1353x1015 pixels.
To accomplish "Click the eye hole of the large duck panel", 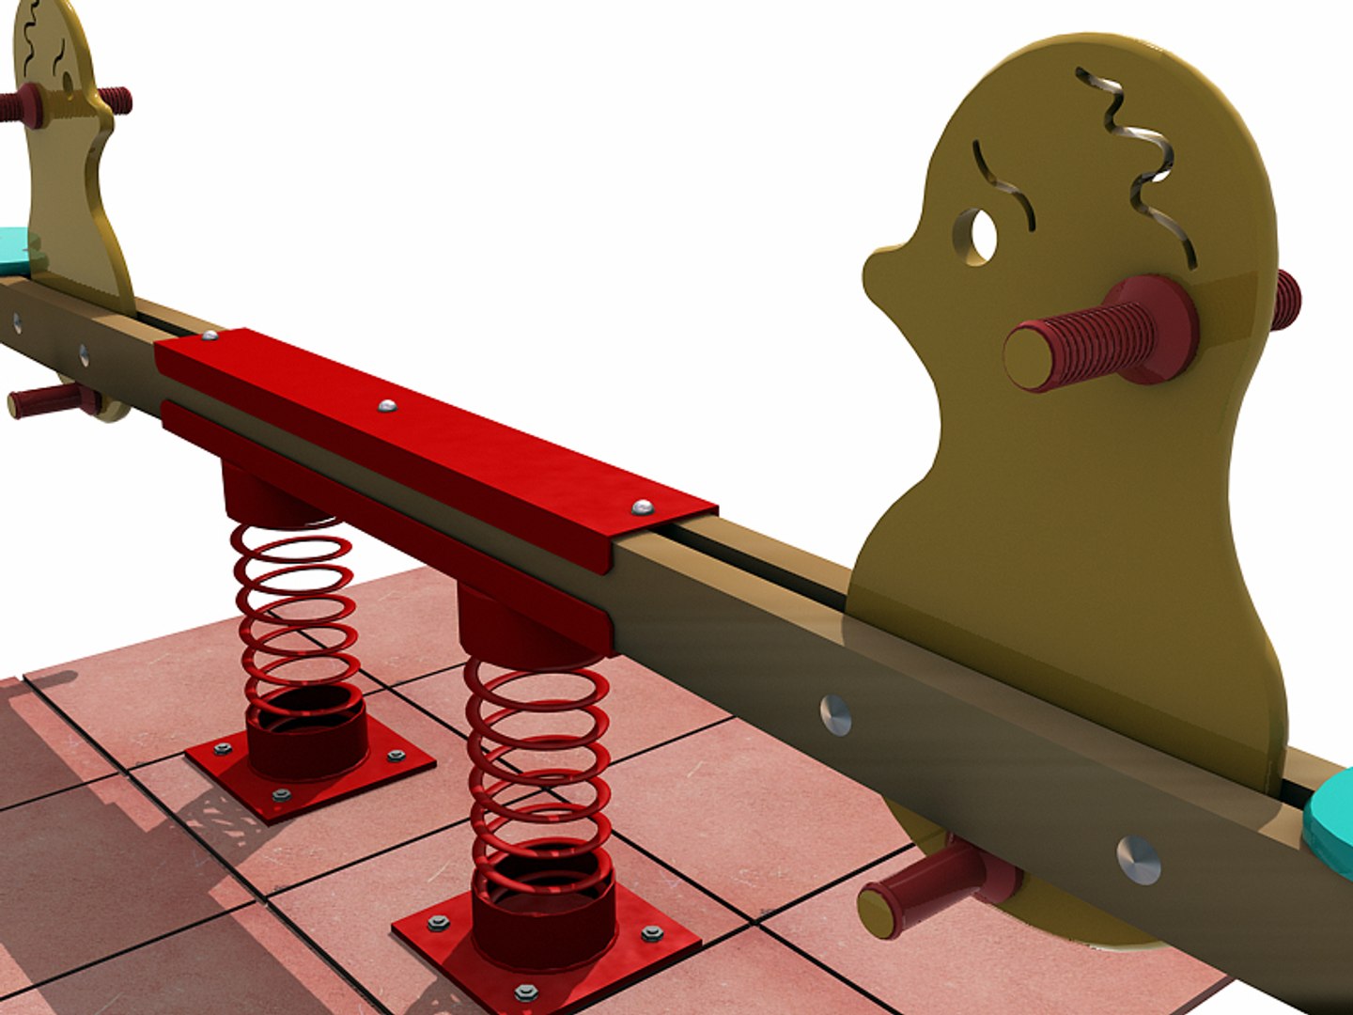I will click(x=980, y=235).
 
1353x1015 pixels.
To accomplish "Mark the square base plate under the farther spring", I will click(x=310, y=771).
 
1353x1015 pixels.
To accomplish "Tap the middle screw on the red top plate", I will click(x=386, y=407).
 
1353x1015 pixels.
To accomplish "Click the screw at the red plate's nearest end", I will click(x=642, y=507).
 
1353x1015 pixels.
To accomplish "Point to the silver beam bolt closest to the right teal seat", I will click(x=1139, y=859).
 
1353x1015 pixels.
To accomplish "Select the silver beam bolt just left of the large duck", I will click(x=835, y=715).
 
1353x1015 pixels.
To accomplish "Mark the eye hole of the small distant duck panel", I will click(x=69, y=81).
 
